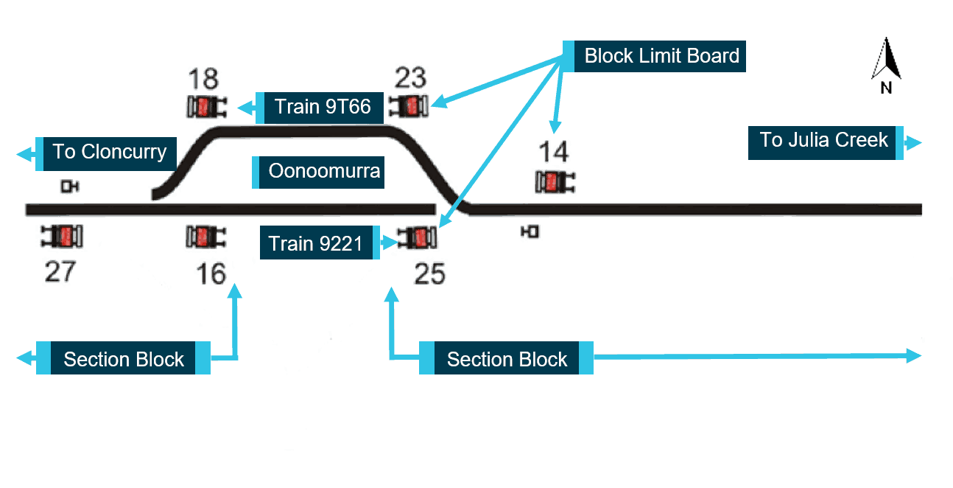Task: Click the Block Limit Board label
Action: [661, 56]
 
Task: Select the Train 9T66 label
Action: [322, 107]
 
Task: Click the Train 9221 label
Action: [315, 243]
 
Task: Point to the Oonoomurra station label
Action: [323, 172]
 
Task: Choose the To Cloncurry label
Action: [109, 153]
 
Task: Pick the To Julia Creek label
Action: [823, 140]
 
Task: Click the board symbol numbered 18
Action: [206, 108]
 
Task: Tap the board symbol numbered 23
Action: [409, 106]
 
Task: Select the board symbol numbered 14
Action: [555, 182]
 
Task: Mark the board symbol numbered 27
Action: [63, 236]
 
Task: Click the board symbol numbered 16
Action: [206, 237]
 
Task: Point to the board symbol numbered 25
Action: [418, 238]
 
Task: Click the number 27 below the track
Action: [60, 272]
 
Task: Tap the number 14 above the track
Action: [553, 153]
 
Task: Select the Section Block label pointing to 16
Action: [123, 359]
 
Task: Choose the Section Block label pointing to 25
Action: [507, 359]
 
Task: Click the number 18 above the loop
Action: [203, 78]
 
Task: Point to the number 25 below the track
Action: [430, 274]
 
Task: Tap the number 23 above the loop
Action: [410, 77]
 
